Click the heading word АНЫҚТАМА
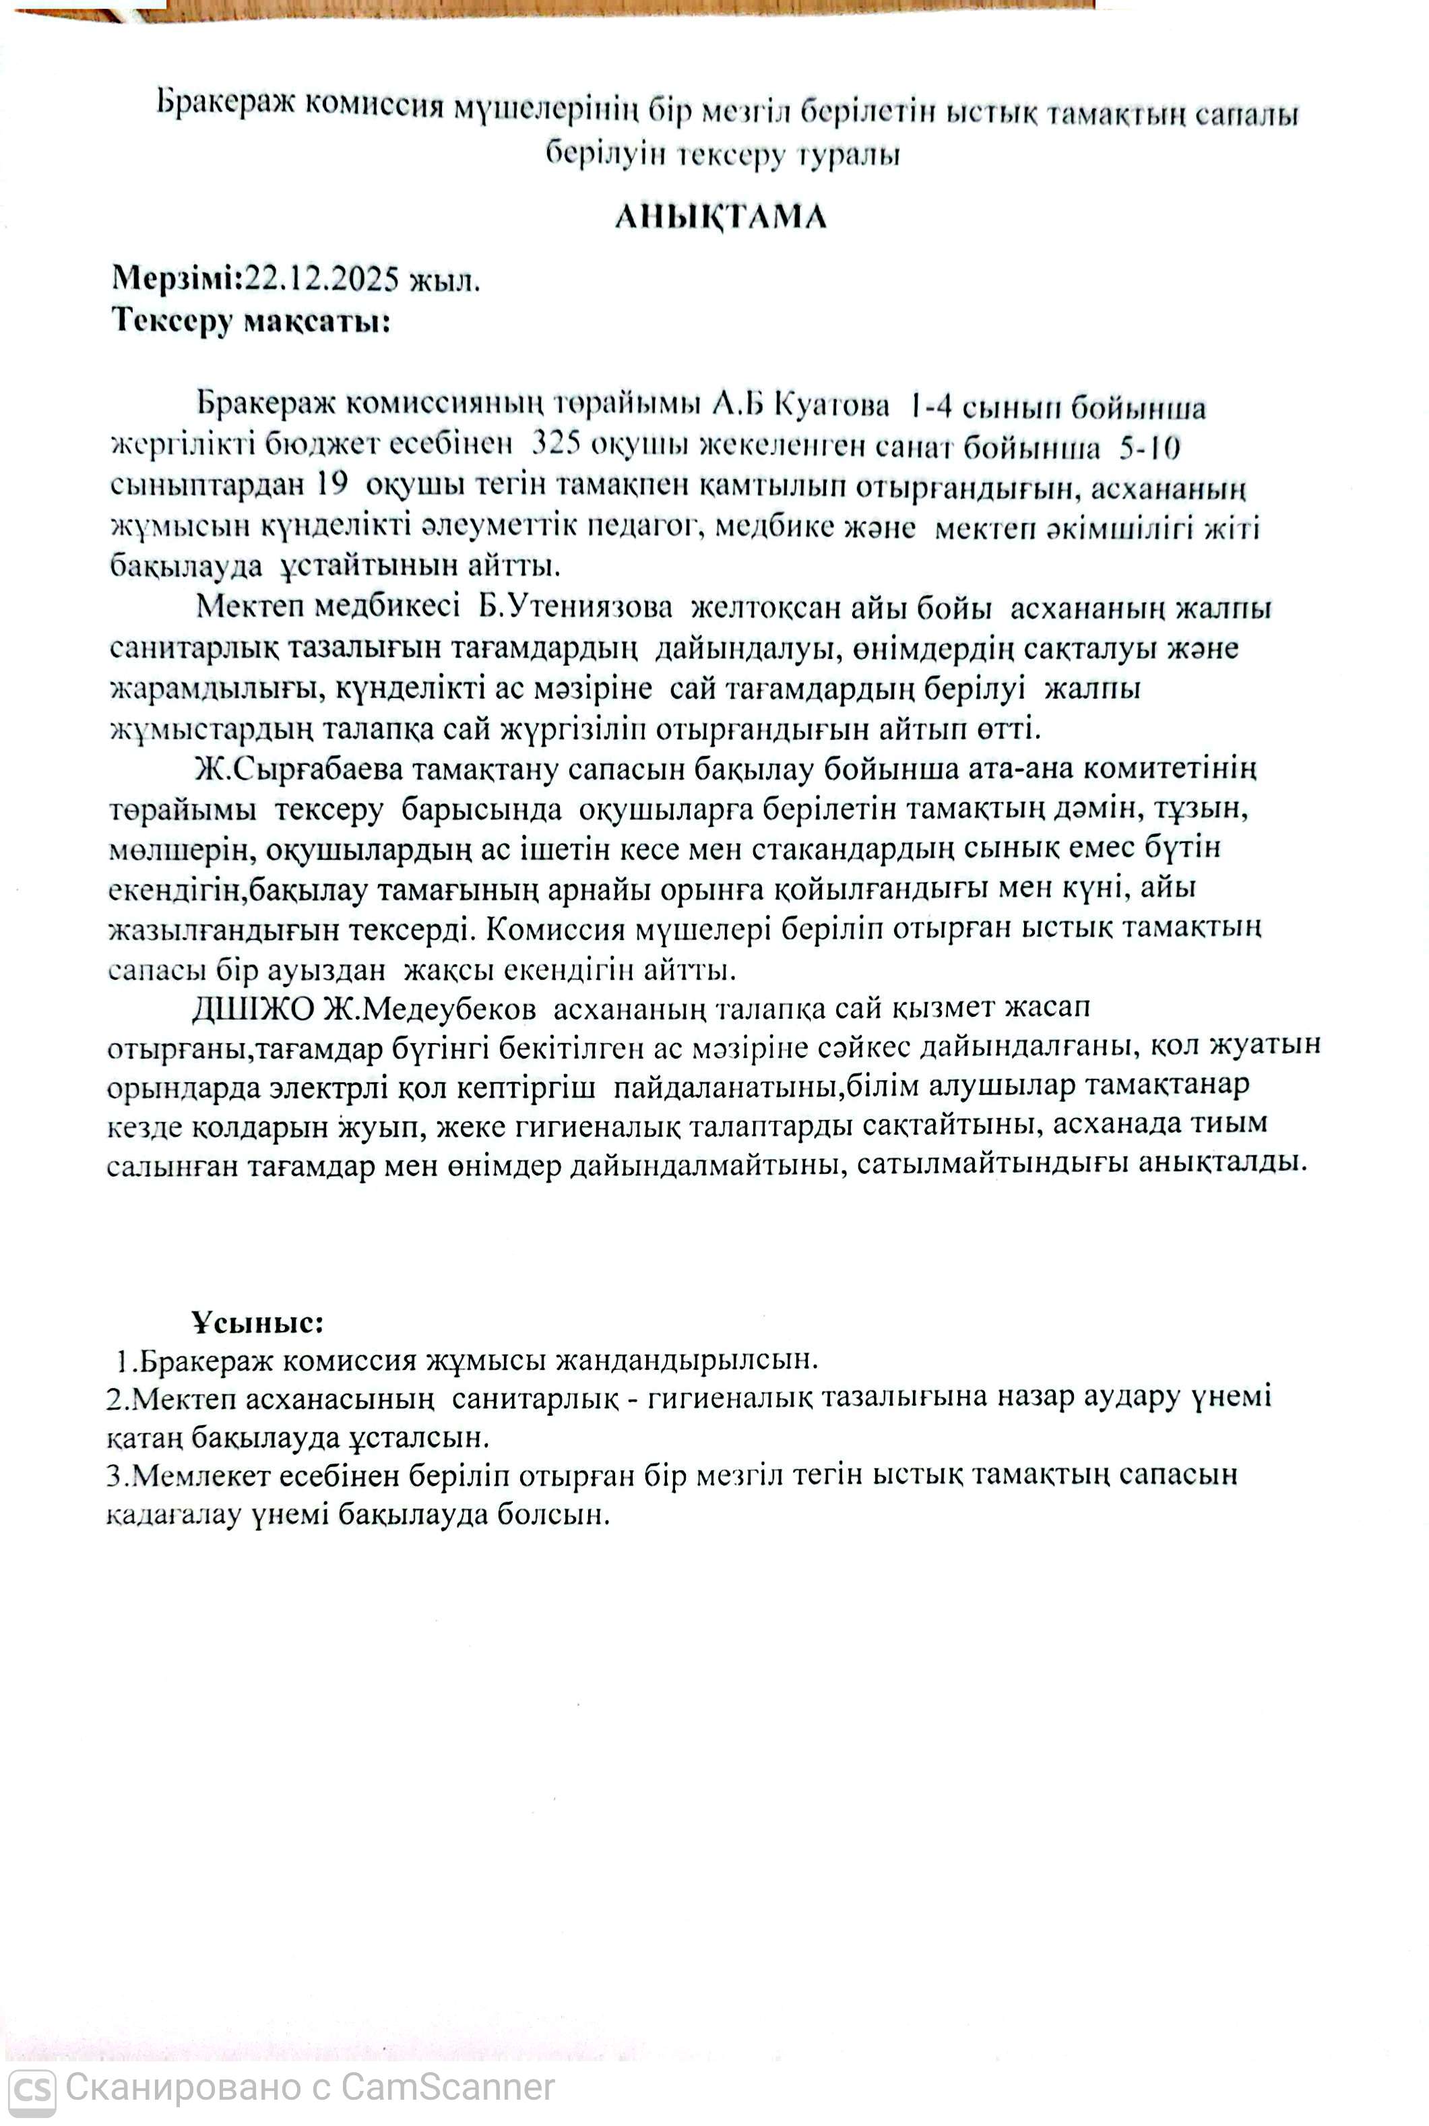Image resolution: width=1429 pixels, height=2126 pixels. click(x=720, y=216)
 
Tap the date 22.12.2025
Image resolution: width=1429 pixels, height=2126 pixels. click(x=321, y=278)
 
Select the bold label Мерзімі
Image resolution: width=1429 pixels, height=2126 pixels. click(x=173, y=276)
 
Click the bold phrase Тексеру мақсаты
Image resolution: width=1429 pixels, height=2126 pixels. click(x=251, y=321)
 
